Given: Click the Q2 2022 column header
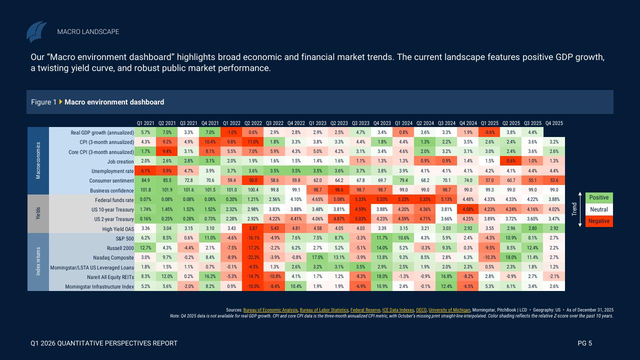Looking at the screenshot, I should (x=253, y=123).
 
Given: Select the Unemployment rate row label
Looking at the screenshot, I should (x=113, y=171).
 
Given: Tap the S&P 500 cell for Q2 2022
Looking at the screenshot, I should (x=253, y=238).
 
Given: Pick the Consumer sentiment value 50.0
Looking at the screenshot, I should (x=253, y=180).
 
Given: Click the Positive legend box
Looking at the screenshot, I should (x=598, y=198).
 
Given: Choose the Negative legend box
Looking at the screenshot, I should (x=598, y=221).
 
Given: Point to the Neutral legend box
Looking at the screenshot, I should (x=598, y=209).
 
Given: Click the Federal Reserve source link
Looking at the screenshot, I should (x=365, y=310).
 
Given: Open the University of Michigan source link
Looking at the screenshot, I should (x=449, y=310).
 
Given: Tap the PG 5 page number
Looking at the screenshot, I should (x=584, y=343).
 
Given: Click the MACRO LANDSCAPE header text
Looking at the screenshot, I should (x=88, y=31).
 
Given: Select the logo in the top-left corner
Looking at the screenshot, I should (x=36, y=31).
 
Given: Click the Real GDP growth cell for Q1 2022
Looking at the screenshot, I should (x=231, y=132).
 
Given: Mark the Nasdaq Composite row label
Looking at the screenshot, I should (x=114, y=257).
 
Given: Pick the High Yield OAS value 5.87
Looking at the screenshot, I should (x=253, y=229).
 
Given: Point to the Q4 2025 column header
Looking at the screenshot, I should (x=554, y=123).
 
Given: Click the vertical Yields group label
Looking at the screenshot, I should (x=38, y=213).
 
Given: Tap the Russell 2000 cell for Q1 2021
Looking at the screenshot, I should (x=145, y=248).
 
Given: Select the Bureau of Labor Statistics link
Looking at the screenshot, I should (x=323, y=310).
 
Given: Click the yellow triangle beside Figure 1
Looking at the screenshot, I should (x=61, y=102).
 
